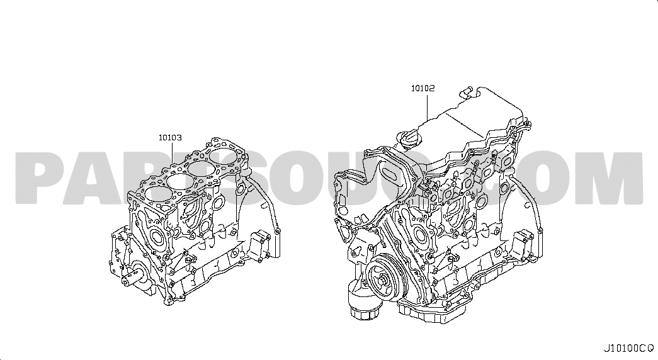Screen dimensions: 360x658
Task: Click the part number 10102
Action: pos(423,89)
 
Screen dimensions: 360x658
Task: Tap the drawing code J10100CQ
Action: pos(628,348)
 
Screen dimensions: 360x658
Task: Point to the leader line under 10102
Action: pos(428,107)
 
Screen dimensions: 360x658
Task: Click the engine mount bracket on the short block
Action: pos(260,245)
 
